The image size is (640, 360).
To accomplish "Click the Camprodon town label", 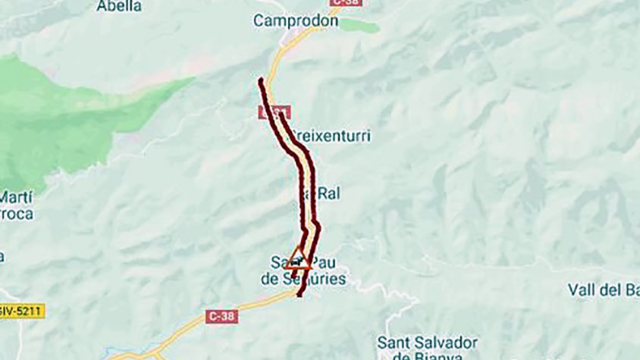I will [x=296, y=20].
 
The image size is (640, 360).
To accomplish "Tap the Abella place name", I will [x=119, y=5].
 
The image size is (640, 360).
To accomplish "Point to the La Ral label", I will [x=325, y=193].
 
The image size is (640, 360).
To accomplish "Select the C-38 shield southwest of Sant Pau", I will [x=221, y=316].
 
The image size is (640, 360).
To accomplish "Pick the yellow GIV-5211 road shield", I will [x=21, y=311].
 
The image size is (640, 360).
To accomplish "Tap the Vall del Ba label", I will [x=603, y=289].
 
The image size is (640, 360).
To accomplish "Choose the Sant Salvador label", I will [x=428, y=342].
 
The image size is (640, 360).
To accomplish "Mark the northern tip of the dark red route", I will [x=261, y=80].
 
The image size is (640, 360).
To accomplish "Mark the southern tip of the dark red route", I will [x=300, y=294].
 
